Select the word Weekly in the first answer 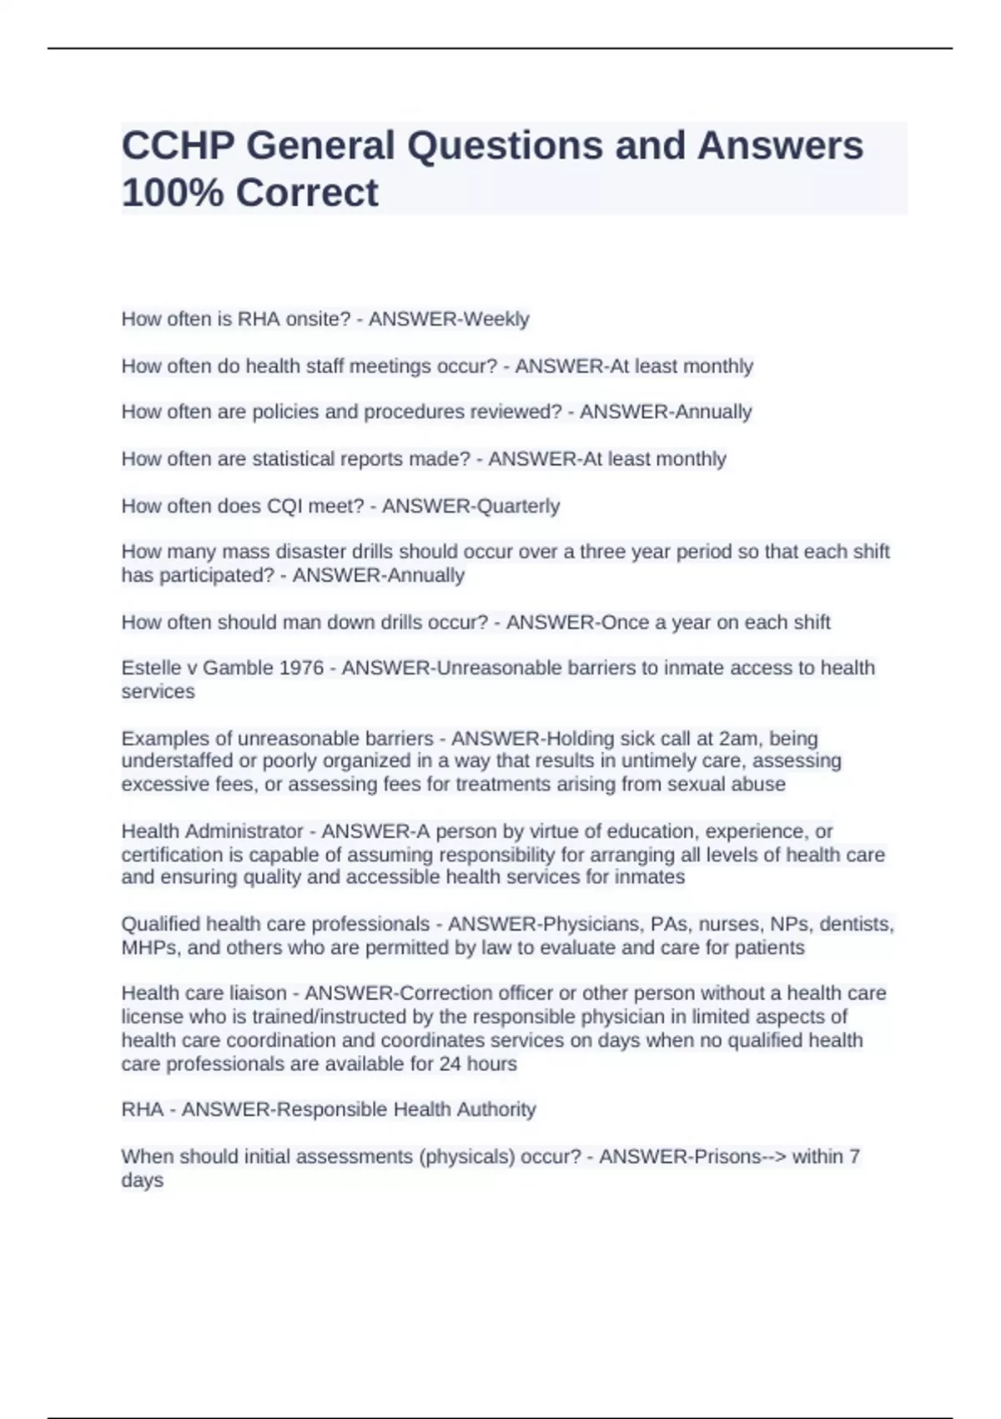496,319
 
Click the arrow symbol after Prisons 773,1157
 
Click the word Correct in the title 307,193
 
